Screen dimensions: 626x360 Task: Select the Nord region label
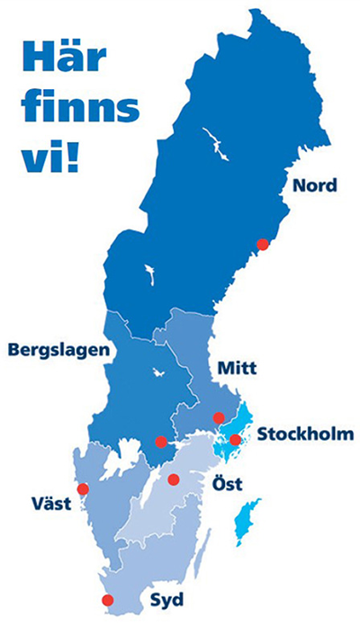click(312, 186)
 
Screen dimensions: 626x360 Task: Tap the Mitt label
click(237, 369)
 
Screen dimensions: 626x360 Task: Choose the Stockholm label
click(305, 435)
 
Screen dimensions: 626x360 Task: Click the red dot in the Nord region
click(263, 244)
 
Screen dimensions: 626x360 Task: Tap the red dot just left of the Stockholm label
click(235, 440)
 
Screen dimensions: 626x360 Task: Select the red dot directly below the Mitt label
click(218, 417)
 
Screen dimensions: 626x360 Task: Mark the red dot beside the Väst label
click(84, 489)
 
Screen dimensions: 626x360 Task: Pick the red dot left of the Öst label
click(174, 479)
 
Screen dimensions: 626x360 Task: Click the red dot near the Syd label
click(107, 600)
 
